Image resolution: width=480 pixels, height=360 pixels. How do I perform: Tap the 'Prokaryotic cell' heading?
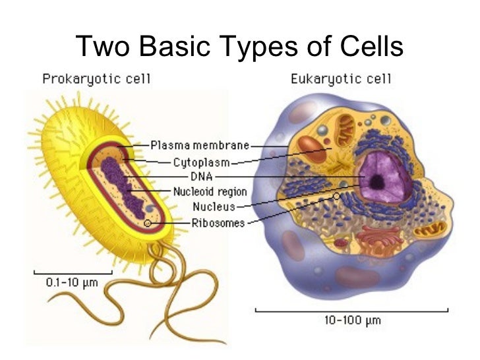point(97,80)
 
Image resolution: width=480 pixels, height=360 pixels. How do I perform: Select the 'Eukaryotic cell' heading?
point(341,80)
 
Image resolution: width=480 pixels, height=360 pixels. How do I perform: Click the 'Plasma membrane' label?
point(199,145)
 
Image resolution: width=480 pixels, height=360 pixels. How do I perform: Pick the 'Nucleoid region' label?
point(210,192)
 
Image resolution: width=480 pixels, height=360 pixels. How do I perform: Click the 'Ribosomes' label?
point(218,223)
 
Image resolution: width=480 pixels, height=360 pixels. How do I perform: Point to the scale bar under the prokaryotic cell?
point(72,272)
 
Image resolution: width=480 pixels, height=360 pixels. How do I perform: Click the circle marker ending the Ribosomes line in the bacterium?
point(146,224)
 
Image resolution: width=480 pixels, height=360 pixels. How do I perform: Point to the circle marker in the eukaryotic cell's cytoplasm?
point(337,196)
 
